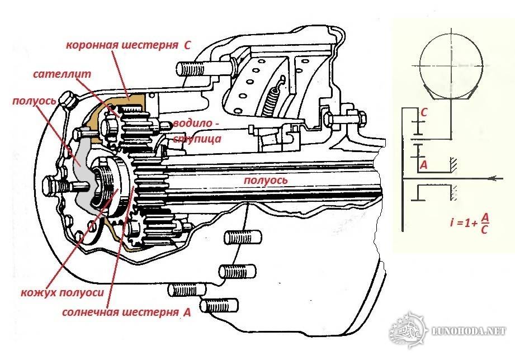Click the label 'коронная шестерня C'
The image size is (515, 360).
129,45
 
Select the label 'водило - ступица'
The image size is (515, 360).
196,131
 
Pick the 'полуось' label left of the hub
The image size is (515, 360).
34,101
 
